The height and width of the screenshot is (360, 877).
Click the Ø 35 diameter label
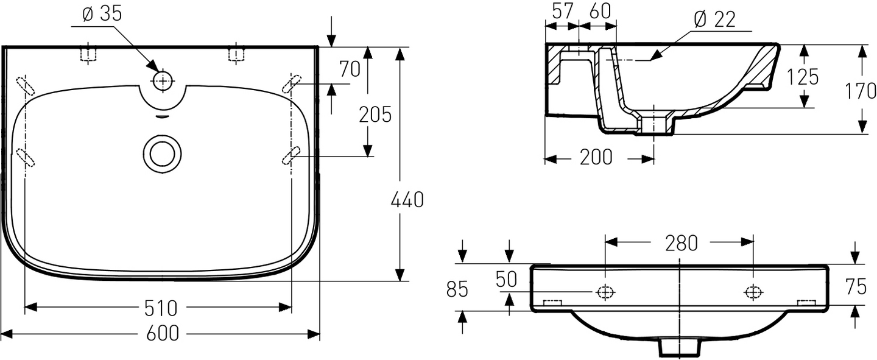click(102, 14)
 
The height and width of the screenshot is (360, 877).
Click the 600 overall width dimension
click(161, 333)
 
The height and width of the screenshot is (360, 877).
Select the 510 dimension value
click(161, 308)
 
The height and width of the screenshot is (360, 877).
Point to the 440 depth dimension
click(407, 199)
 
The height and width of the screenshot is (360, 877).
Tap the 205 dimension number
click(375, 114)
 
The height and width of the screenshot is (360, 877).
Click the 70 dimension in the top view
click(350, 69)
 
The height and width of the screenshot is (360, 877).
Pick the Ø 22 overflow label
click(714, 19)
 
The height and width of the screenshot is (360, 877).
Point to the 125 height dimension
click(803, 77)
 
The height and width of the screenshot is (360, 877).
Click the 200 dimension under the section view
click(596, 157)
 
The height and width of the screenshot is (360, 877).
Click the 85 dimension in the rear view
click(457, 289)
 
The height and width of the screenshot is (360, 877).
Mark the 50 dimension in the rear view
click(505, 279)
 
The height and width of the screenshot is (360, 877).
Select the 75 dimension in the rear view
click(856, 286)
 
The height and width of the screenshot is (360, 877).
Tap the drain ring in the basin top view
click(163, 152)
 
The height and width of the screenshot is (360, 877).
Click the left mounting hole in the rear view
click(605, 292)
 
